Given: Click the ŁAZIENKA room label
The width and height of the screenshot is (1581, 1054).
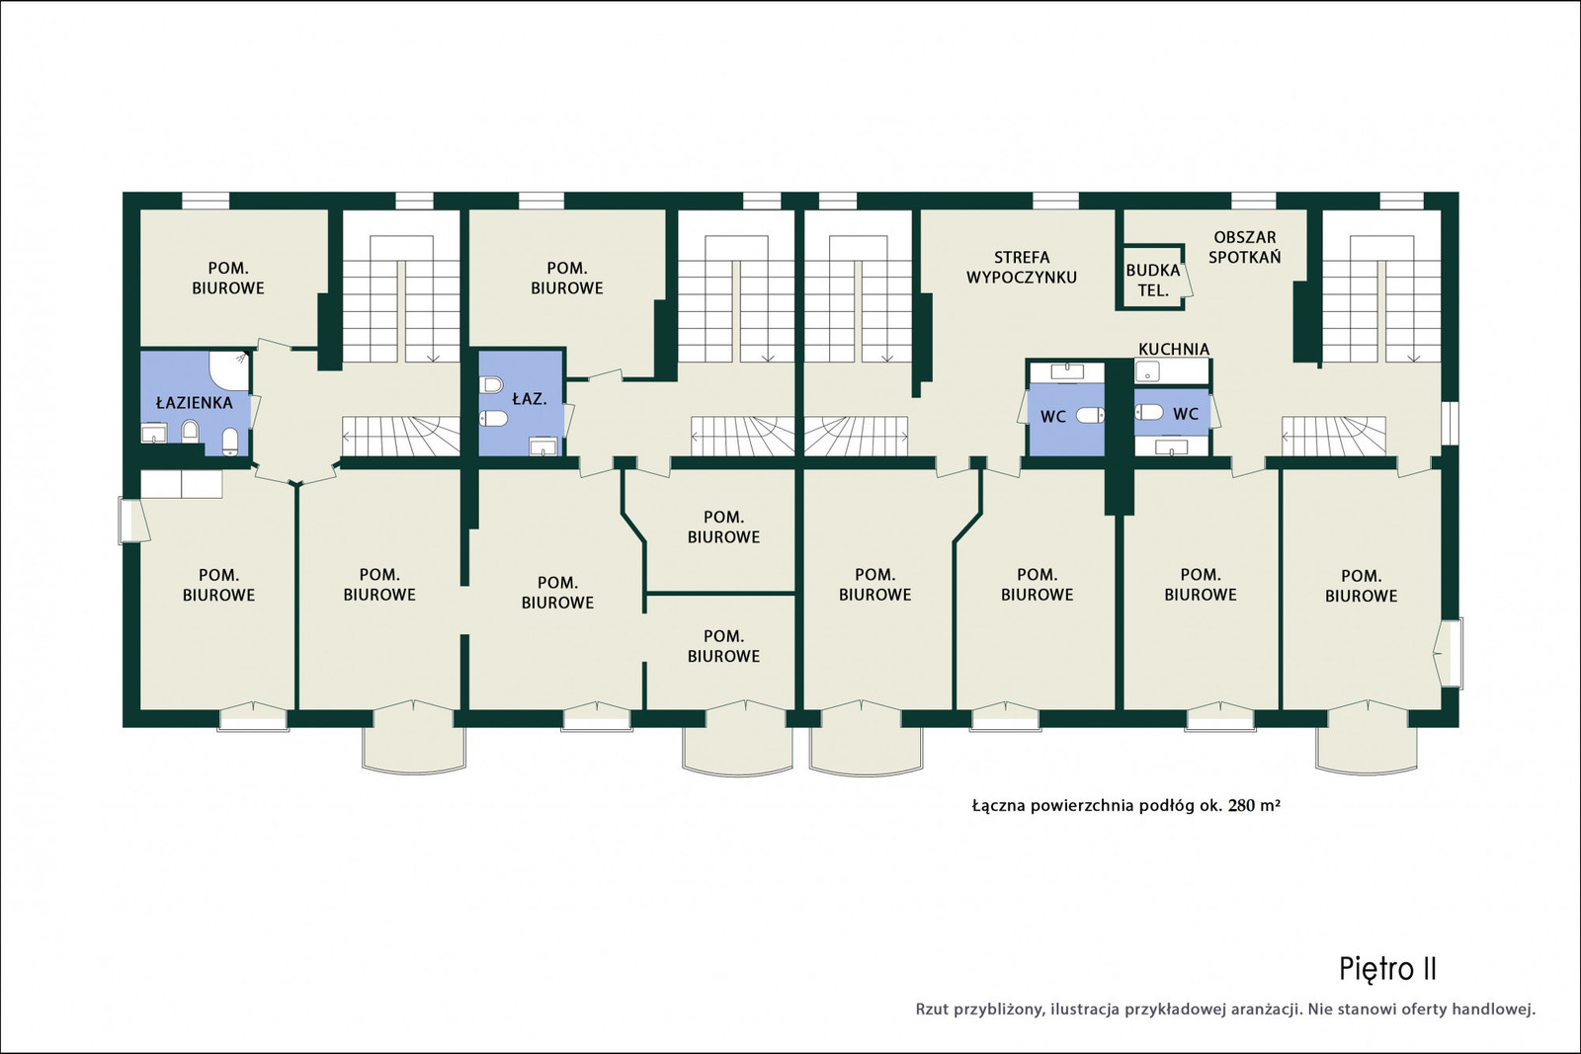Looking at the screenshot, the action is [194, 402].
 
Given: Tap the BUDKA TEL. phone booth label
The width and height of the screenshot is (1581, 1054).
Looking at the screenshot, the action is [1152, 281].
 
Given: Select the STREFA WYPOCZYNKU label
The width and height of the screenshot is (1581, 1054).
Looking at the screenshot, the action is [1022, 268].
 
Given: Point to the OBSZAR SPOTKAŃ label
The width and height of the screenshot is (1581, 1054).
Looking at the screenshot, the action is [1244, 247].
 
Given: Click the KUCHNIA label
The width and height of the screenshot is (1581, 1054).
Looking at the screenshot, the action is [1174, 350].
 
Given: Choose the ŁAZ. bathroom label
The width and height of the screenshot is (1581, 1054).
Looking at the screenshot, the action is [530, 399].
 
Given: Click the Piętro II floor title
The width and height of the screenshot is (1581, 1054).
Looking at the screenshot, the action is [1387, 969].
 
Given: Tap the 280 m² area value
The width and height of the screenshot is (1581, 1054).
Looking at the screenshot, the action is [1254, 806].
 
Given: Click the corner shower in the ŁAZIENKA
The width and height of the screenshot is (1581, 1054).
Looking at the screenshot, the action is [228, 371].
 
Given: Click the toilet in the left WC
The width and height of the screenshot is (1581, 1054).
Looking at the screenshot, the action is [1091, 416].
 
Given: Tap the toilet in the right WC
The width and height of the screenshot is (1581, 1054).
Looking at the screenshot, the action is [1149, 412].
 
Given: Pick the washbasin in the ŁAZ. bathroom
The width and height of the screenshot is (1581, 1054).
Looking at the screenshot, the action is [543, 446].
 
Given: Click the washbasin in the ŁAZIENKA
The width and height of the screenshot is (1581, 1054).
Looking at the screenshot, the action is [154, 433].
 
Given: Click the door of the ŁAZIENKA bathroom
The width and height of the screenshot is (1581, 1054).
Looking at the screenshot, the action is [256, 412].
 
